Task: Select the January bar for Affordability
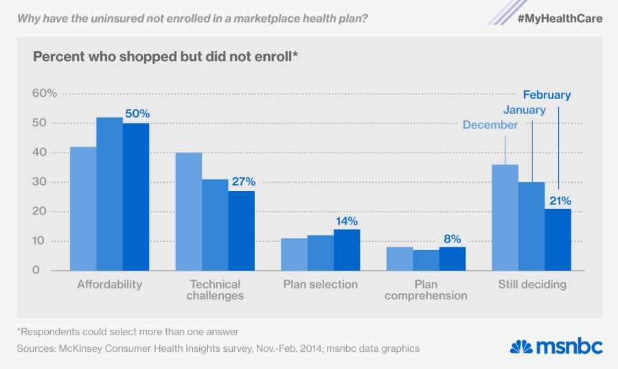click(x=109, y=194)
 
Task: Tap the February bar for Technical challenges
click(x=241, y=230)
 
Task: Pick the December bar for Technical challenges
click(x=189, y=211)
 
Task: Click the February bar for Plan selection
click(x=347, y=249)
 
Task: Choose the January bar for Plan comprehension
click(x=426, y=260)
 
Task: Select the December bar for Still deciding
click(x=505, y=217)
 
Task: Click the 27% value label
click(x=242, y=182)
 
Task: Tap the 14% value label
click(x=347, y=221)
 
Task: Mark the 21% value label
click(x=558, y=201)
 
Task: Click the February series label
click(x=547, y=96)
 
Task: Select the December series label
click(x=490, y=125)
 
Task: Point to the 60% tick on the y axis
click(x=45, y=93)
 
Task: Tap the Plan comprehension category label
click(x=426, y=290)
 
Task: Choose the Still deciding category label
click(x=531, y=284)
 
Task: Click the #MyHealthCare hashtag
click(x=560, y=19)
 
